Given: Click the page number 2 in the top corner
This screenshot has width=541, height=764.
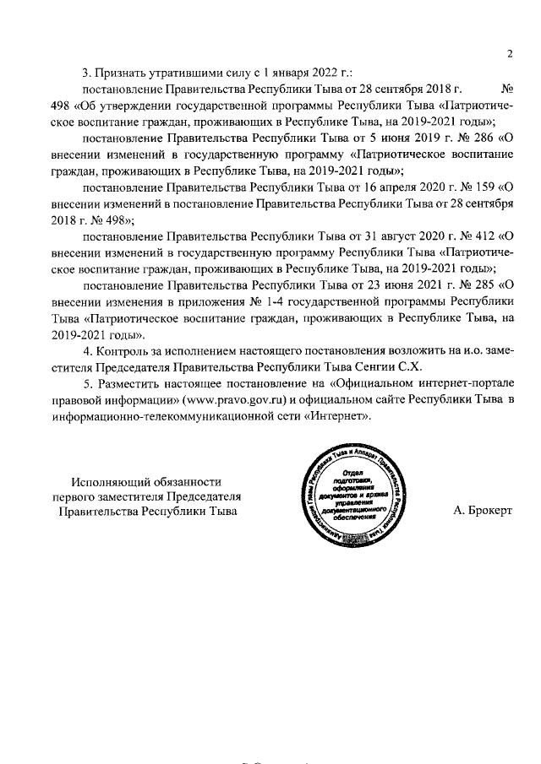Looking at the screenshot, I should (x=510, y=55).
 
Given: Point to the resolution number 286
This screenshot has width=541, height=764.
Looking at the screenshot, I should (x=477, y=138).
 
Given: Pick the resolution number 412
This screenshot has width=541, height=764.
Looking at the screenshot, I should (x=477, y=236).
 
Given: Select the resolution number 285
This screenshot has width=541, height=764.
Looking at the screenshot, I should (x=477, y=285).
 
